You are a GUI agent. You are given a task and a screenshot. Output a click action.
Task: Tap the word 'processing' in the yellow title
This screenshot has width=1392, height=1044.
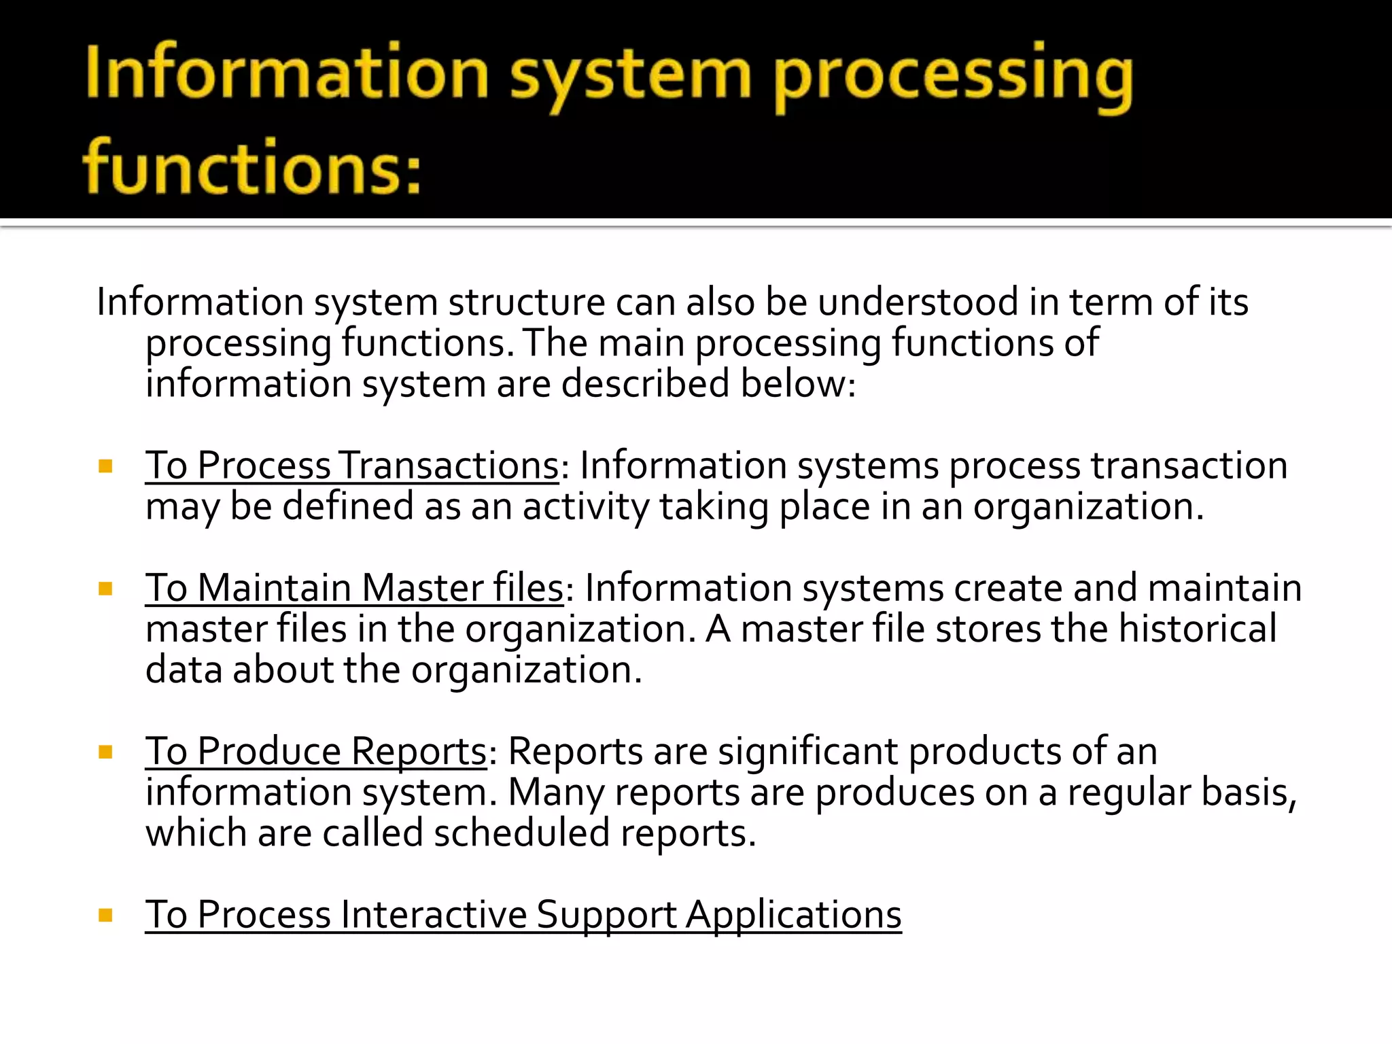tap(953, 76)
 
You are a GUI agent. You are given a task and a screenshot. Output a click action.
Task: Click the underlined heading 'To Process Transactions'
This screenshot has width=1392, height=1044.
tap(351, 466)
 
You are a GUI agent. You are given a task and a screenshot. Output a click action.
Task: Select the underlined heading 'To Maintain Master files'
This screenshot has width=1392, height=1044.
tap(354, 589)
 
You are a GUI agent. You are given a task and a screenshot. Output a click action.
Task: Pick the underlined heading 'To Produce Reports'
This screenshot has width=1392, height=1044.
tap(316, 752)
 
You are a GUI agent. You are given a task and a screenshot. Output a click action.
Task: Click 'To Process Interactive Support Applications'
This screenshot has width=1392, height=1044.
tap(523, 915)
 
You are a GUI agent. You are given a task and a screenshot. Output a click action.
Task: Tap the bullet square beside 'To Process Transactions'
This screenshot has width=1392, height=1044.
tap(105, 466)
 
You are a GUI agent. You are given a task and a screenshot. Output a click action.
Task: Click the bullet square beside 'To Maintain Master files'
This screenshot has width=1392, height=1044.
tap(105, 589)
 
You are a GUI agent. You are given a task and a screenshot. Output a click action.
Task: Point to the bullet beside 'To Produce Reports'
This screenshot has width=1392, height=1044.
tap(105, 752)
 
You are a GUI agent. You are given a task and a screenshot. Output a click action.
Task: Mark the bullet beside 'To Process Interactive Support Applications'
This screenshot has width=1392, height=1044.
tap(105, 916)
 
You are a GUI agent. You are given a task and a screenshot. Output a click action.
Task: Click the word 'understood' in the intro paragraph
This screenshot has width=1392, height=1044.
tap(918, 302)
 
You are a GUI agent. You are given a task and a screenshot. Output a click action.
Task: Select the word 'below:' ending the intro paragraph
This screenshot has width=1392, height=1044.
tap(798, 384)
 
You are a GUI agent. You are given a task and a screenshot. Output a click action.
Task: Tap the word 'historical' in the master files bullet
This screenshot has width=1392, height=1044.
tap(1198, 629)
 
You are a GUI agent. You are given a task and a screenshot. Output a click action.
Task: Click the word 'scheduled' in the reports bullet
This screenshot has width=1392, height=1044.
tap(521, 834)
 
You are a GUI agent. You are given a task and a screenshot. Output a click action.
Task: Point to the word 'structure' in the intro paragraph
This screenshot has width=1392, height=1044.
tap(526, 302)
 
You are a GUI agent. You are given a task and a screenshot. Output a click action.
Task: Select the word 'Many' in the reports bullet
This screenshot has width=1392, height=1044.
tap(556, 793)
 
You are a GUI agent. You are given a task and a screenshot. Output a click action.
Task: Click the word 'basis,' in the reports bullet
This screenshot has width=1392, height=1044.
tap(1249, 793)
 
